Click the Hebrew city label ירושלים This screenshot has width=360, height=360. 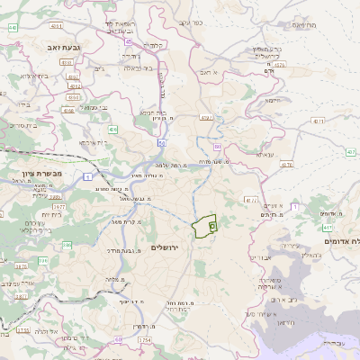pyautogui.click(x=165, y=247)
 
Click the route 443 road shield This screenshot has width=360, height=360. pyautogui.click(x=13, y=27)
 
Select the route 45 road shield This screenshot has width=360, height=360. pyautogui.click(x=129, y=40)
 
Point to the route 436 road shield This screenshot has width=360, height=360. pyautogui.click(x=112, y=130)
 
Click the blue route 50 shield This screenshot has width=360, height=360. pyautogui.click(x=161, y=141)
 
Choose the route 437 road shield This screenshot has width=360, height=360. pyautogui.click(x=350, y=152)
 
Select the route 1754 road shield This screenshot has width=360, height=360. pyautogui.click(x=145, y=341)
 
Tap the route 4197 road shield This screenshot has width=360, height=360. pyautogui.click(x=206, y=118)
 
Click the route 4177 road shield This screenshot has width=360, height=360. pyautogui.click(x=250, y=201)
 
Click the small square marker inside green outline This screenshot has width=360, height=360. pyautogui.click(x=212, y=227)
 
